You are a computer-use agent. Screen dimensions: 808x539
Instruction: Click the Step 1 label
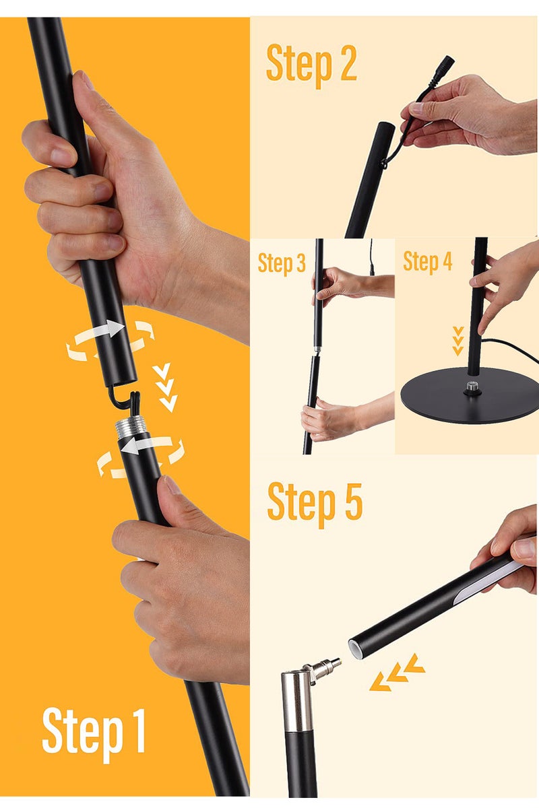click(x=94, y=731)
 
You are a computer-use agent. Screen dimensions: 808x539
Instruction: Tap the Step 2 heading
click(x=311, y=64)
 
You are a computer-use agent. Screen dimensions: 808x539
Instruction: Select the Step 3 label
click(x=282, y=264)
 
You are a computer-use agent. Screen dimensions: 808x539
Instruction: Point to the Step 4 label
click(x=427, y=261)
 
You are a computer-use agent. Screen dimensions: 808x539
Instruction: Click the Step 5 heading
click(x=315, y=502)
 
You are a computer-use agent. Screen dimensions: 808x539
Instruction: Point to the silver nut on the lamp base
click(x=470, y=389)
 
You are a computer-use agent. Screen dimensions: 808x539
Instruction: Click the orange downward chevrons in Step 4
click(x=458, y=341)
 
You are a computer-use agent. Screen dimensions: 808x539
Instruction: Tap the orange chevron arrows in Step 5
click(x=398, y=673)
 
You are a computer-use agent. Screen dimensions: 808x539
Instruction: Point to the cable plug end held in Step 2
click(x=445, y=65)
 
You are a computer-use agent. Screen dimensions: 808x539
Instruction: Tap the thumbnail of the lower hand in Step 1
click(x=172, y=485)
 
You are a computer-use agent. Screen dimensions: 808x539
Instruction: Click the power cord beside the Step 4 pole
click(x=512, y=347)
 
